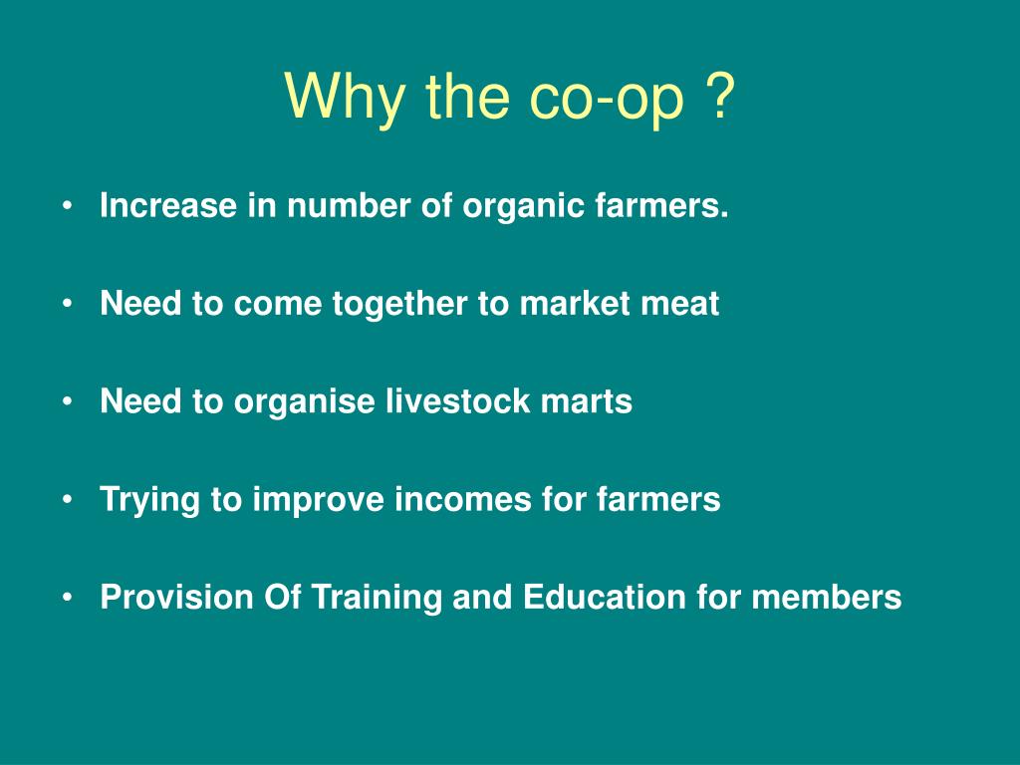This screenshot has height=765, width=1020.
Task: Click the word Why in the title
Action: pos(344,97)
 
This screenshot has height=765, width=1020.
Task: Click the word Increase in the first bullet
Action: pos(168,205)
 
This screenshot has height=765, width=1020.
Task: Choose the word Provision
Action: pos(177,597)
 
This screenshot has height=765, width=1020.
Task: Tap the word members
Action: pos(826,597)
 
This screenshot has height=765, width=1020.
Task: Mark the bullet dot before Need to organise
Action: pos(68,401)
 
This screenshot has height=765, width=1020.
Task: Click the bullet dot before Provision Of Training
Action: pos(68,598)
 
